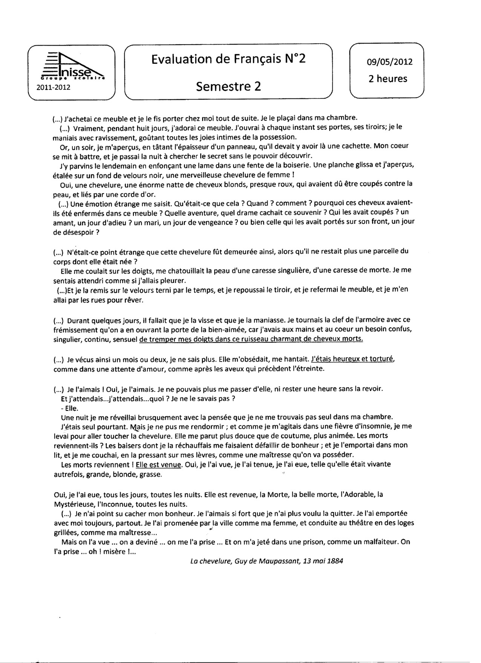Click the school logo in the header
tap(72, 66)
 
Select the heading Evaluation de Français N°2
tap(228, 59)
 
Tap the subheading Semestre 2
tap(228, 86)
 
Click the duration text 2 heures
tap(388, 78)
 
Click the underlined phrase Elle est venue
tap(159, 464)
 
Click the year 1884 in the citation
tap(335, 561)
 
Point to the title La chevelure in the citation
tap(210, 561)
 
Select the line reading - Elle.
tap(69, 408)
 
